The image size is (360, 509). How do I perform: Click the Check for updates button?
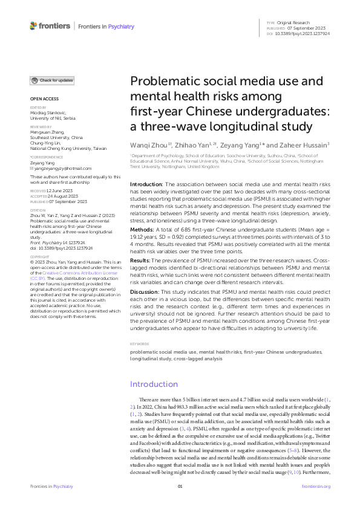(53, 80)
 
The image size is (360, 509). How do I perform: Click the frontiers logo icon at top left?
(33, 26)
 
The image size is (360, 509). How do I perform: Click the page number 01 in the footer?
(180, 487)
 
